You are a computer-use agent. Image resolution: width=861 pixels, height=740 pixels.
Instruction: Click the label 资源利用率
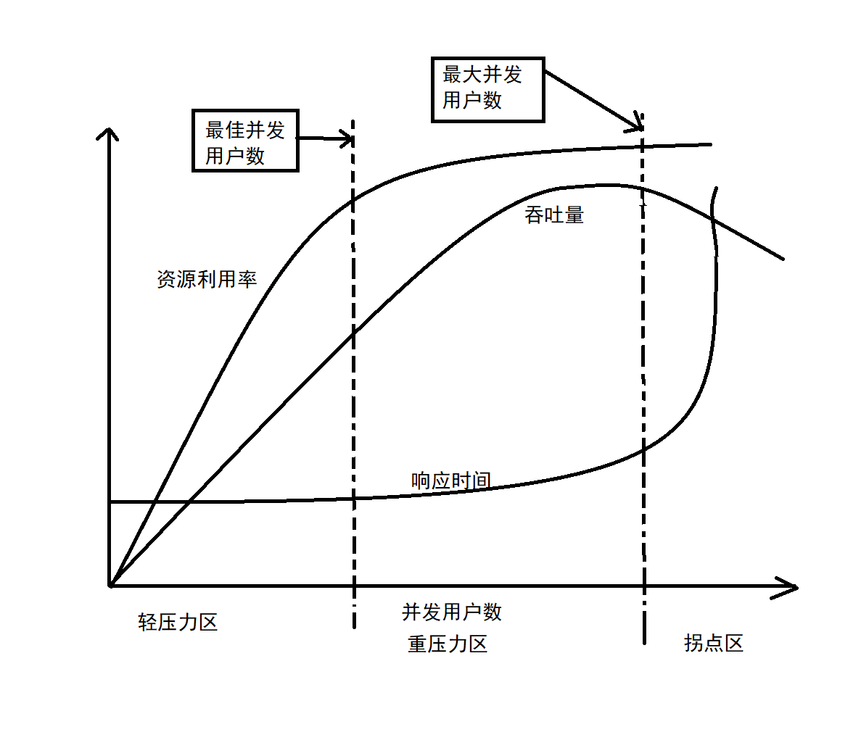click(207, 279)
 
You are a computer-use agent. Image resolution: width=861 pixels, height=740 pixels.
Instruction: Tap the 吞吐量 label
click(554, 215)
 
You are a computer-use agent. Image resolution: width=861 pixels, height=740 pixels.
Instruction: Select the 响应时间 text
click(450, 480)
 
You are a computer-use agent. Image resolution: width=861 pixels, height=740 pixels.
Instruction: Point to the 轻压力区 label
click(178, 622)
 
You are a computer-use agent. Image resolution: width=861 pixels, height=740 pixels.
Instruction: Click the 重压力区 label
click(448, 644)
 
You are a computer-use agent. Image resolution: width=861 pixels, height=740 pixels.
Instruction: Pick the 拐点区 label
click(714, 643)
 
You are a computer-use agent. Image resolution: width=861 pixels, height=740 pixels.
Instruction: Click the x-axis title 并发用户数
click(452, 612)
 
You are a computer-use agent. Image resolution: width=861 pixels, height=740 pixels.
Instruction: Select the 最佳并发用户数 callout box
click(245, 141)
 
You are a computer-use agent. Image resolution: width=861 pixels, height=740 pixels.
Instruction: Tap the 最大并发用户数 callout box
click(487, 89)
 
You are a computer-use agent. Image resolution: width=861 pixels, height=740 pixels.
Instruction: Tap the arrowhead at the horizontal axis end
click(792, 587)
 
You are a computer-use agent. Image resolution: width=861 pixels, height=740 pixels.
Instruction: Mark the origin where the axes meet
click(110, 584)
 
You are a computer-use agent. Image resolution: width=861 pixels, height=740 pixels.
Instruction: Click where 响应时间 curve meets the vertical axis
click(110, 502)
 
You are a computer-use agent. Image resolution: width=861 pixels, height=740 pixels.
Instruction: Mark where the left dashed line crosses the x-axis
click(354, 585)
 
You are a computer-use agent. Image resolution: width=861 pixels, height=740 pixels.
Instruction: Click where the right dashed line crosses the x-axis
click(643, 586)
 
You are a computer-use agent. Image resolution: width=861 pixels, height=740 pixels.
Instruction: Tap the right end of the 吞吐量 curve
click(783, 258)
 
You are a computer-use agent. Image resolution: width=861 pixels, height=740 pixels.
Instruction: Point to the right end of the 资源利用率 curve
click(710, 144)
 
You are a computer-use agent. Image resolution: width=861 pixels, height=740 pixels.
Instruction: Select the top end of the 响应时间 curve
click(717, 189)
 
